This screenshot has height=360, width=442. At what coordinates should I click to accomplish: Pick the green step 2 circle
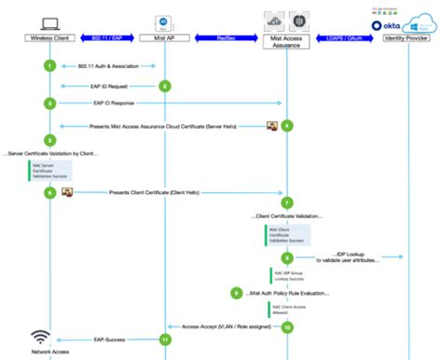165,86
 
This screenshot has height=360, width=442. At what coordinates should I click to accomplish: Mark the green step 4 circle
287,125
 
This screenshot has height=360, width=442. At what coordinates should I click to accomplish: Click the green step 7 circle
287,202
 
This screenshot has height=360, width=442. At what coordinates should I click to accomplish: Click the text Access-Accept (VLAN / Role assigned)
227,327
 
